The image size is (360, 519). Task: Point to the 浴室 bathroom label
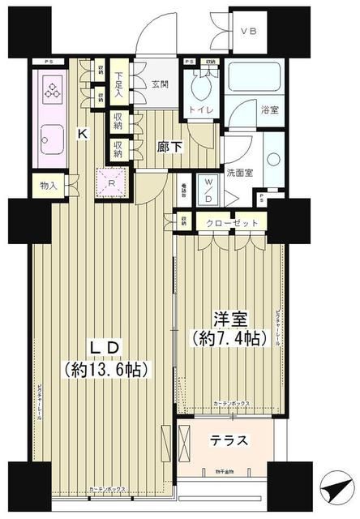pyautogui.click(x=270, y=109)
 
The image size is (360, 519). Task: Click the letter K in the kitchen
pyautogui.click(x=82, y=135)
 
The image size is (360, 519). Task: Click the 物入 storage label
pyautogui.click(x=49, y=186)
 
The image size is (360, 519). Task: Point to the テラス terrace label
pyautogui.click(x=229, y=441)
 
